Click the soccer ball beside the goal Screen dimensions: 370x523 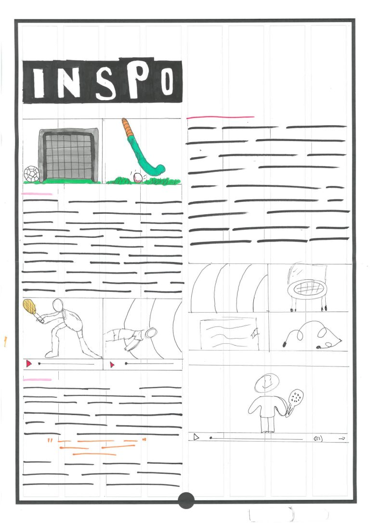pos(31,173)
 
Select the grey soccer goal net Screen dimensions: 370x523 pos(69,156)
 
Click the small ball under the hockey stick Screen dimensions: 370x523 pos(138,177)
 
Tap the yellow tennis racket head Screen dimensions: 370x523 pos(29,307)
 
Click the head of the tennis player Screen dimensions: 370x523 pos(58,305)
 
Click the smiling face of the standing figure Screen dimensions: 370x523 pos(267,383)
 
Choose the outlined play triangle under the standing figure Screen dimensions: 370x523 pos(196,437)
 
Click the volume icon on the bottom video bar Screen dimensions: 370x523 pos(318,439)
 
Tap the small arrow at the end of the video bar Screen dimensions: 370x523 pos(342,439)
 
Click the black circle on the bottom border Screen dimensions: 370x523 pos(186,500)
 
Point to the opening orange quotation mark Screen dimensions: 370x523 pos(50,441)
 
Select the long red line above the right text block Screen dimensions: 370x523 pos(220,117)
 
